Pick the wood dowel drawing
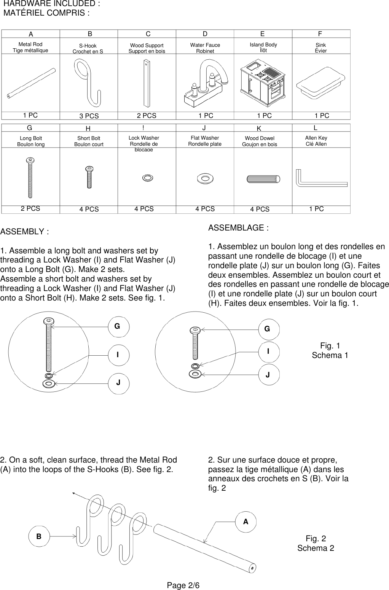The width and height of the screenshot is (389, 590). (263, 179)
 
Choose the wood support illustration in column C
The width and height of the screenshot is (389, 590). (147, 83)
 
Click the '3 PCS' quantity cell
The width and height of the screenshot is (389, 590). (89, 116)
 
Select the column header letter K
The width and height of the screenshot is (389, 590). (259, 128)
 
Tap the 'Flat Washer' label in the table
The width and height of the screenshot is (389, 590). (205, 138)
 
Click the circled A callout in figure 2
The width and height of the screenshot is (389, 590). (246, 522)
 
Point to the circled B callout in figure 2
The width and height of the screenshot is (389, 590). (39, 536)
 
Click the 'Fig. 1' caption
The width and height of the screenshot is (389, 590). (330, 346)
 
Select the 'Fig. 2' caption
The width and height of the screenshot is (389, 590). (316, 539)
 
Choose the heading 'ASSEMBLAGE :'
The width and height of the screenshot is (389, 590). (238, 228)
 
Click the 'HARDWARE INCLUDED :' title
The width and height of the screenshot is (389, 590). (52, 4)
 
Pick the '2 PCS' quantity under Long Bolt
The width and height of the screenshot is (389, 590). (30, 209)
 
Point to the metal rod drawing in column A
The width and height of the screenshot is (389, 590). (30, 83)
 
